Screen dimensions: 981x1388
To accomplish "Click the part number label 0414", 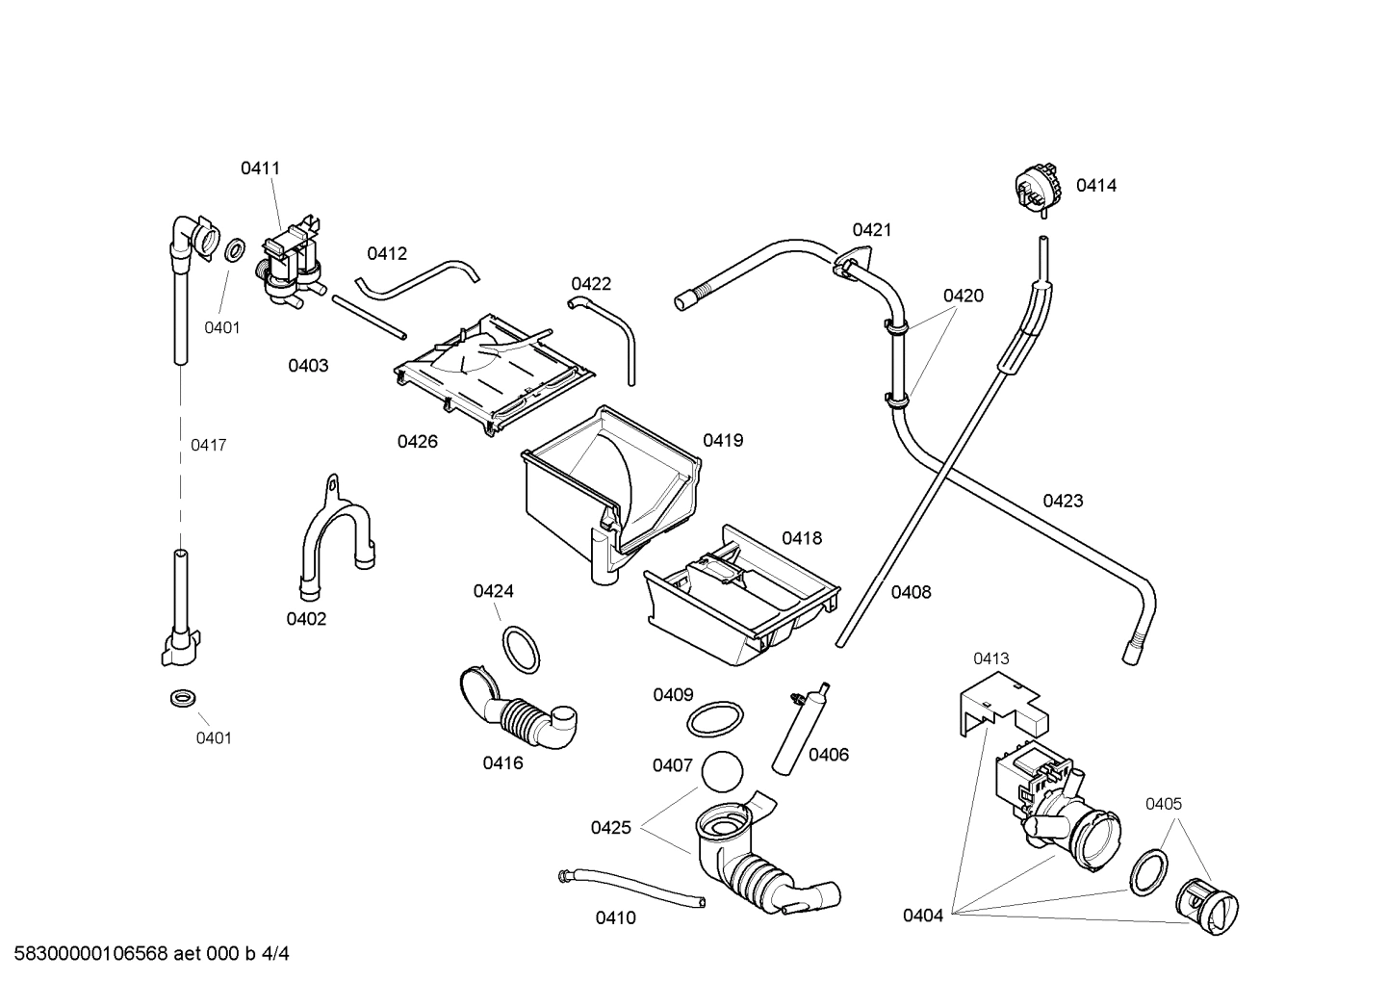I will click(x=1095, y=186).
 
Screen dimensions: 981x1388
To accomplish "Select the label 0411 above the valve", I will click(x=260, y=168).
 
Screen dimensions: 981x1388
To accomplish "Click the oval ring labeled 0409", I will click(x=715, y=717).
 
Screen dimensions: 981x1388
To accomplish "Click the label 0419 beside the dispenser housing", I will click(x=722, y=441).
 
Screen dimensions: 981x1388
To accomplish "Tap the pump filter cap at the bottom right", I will click(x=1207, y=905).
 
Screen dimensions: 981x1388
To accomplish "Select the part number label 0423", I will click(x=1063, y=501).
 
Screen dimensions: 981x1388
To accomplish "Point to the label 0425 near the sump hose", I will click(x=610, y=828).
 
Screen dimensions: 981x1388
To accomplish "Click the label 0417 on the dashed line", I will click(x=208, y=445).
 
